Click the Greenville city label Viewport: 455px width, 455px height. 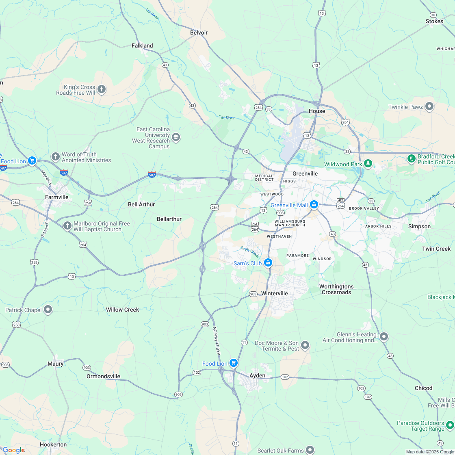pyautogui.click(x=305, y=173)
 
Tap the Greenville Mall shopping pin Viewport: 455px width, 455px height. pyautogui.click(x=314, y=205)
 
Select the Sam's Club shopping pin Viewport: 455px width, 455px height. pyautogui.click(x=268, y=263)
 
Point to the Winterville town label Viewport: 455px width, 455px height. pyautogui.click(x=275, y=293)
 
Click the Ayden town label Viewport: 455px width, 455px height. pyautogui.click(x=257, y=376)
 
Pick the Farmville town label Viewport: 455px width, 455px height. pyautogui.click(x=56, y=197)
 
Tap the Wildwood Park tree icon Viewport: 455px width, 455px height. pyautogui.click(x=368, y=164)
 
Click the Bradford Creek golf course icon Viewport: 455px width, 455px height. pyautogui.click(x=412, y=158)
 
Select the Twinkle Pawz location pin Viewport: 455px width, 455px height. pyautogui.click(x=429, y=107)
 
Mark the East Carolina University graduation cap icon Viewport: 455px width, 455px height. pyautogui.click(x=176, y=137)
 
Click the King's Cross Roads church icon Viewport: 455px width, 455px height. pyautogui.click(x=102, y=89)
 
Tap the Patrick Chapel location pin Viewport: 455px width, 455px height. pyautogui.click(x=48, y=310)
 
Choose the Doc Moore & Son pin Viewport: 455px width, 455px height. pyautogui.click(x=305, y=345)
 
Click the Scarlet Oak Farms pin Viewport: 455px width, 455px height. pyautogui.click(x=310, y=450)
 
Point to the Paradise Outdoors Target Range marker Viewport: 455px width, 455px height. pyautogui.click(x=450, y=425)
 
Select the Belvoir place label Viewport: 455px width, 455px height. pyautogui.click(x=199, y=32)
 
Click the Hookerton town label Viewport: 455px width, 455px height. pyautogui.click(x=53, y=444)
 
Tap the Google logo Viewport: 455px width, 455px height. pyautogui.click(x=13, y=450)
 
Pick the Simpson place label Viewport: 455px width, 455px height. pyautogui.click(x=419, y=226)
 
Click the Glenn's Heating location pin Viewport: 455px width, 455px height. pyautogui.click(x=384, y=336)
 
